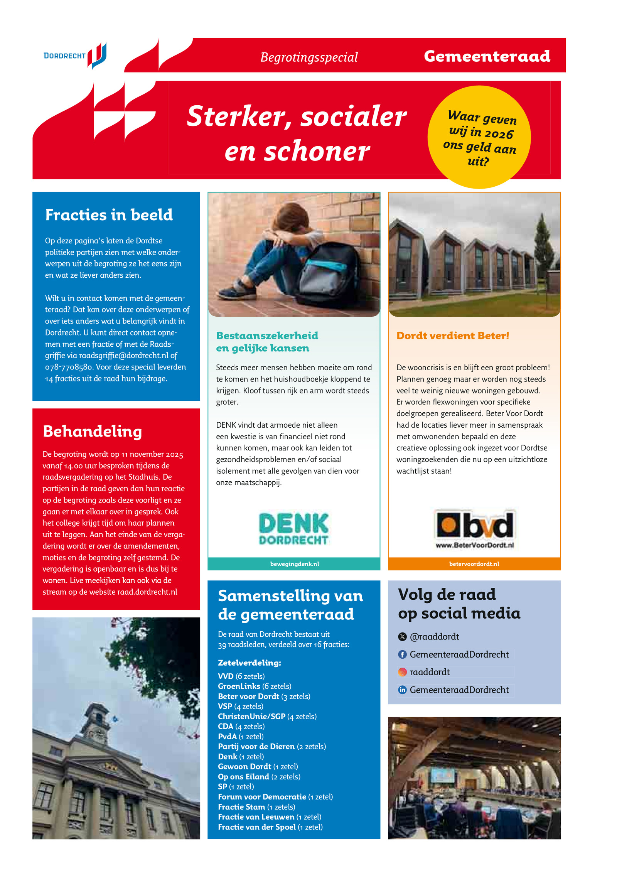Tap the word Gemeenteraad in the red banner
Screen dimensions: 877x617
click(486, 56)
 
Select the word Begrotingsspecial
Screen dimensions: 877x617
click(308, 57)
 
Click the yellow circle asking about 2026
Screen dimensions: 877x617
click(479, 137)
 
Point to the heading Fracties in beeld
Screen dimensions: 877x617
click(109, 215)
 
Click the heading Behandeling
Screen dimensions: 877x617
click(92, 431)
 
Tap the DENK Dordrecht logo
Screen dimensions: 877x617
click(293, 528)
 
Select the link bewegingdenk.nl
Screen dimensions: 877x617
click(294, 564)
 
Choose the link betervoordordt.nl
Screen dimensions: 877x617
click(474, 564)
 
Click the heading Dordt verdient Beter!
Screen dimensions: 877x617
click(452, 336)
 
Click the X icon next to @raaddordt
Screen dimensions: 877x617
click(402, 637)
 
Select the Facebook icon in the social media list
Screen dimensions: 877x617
click(402, 654)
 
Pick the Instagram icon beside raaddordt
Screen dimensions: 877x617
click(402, 672)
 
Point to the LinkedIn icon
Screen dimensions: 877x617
click(402, 690)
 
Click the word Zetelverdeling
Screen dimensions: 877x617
click(249, 663)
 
